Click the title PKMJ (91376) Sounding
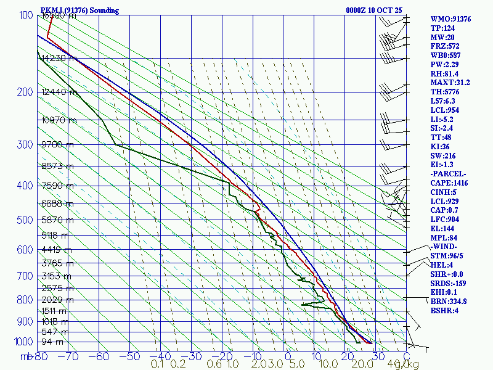(x=79, y=10)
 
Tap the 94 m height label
(x=52, y=342)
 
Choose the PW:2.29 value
(x=445, y=64)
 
